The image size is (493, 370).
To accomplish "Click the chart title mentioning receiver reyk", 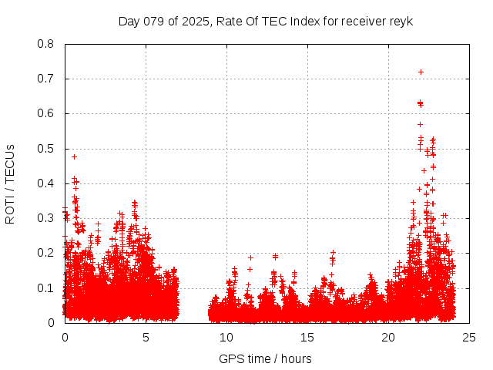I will click(x=266, y=21).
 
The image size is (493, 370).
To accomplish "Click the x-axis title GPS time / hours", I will click(x=266, y=358).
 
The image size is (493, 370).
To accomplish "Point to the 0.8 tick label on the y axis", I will click(x=45, y=44).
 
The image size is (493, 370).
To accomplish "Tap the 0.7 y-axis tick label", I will click(x=45, y=79).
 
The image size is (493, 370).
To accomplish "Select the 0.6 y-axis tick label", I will click(x=45, y=113).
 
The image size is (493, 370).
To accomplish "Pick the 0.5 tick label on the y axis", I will click(x=45, y=149).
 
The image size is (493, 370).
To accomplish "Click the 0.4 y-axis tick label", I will click(x=45, y=183).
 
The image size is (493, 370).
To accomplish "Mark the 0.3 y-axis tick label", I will click(x=45, y=218).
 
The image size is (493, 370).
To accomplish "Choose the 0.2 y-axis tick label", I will click(x=45, y=253).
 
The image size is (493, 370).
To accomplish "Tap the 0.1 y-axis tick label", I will click(x=45, y=288).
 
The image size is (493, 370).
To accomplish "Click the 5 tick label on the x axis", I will click(x=146, y=337).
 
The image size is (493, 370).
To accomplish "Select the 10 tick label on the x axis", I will click(x=226, y=337).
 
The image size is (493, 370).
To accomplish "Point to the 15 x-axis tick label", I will click(x=307, y=337).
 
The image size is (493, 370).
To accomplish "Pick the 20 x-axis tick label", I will click(x=388, y=337).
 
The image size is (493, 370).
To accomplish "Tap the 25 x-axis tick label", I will click(x=469, y=337).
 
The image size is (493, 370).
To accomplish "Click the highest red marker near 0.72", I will click(x=421, y=72).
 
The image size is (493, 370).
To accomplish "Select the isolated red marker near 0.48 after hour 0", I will click(x=74, y=156).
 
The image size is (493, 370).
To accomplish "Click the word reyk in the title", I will click(x=401, y=21).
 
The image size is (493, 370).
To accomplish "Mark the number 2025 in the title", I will click(x=196, y=21).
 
